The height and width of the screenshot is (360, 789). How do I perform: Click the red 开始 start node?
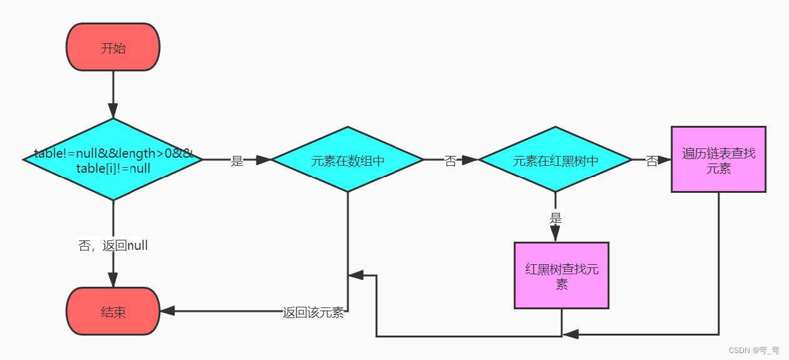[113, 48]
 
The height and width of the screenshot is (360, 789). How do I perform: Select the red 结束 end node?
[113, 311]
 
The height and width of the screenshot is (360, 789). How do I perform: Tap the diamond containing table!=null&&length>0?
[113, 160]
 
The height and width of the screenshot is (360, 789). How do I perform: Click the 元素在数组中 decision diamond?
[347, 160]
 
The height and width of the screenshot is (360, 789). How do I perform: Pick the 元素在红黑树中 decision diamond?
[555, 160]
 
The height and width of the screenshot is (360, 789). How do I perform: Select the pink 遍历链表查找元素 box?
[718, 160]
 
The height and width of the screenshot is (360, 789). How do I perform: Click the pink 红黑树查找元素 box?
[561, 275]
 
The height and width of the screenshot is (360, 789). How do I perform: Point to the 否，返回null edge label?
[113, 245]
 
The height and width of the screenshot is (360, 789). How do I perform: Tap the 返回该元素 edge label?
[313, 312]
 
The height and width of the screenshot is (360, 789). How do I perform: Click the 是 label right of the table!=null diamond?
[237, 161]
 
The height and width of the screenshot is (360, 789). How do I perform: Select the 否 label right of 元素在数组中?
[450, 161]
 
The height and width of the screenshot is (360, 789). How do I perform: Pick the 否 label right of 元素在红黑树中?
[651, 161]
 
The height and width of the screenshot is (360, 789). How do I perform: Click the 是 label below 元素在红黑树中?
[556, 219]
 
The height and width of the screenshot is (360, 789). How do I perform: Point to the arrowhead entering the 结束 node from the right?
[168, 311]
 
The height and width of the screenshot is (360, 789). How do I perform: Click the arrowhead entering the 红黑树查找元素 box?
[555, 234]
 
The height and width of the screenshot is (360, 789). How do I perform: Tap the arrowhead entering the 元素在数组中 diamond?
[263, 160]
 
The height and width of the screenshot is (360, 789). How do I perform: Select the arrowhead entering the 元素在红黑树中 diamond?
[470, 160]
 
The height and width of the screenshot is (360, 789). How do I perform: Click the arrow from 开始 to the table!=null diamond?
[113, 94]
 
